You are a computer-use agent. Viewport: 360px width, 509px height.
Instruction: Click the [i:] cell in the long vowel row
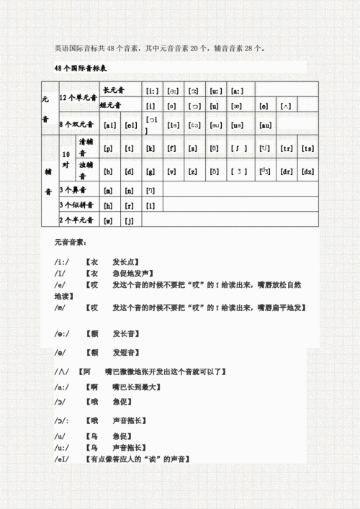click(152, 91)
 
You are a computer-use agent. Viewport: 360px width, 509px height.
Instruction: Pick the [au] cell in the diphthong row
click(264, 125)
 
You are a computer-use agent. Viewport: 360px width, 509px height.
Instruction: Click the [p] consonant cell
click(109, 148)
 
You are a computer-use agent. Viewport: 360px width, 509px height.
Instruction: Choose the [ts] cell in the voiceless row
click(307, 148)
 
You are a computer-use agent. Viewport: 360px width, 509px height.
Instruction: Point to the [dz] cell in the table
click(307, 171)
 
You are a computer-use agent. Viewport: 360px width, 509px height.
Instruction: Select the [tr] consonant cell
click(286, 148)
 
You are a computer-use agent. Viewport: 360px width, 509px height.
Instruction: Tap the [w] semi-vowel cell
click(109, 220)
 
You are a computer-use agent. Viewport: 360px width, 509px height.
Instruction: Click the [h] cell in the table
click(109, 205)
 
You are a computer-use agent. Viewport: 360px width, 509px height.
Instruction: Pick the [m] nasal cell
click(109, 191)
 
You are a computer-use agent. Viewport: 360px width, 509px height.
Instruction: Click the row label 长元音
click(114, 91)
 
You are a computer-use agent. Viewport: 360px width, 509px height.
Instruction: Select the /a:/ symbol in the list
click(61, 387)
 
